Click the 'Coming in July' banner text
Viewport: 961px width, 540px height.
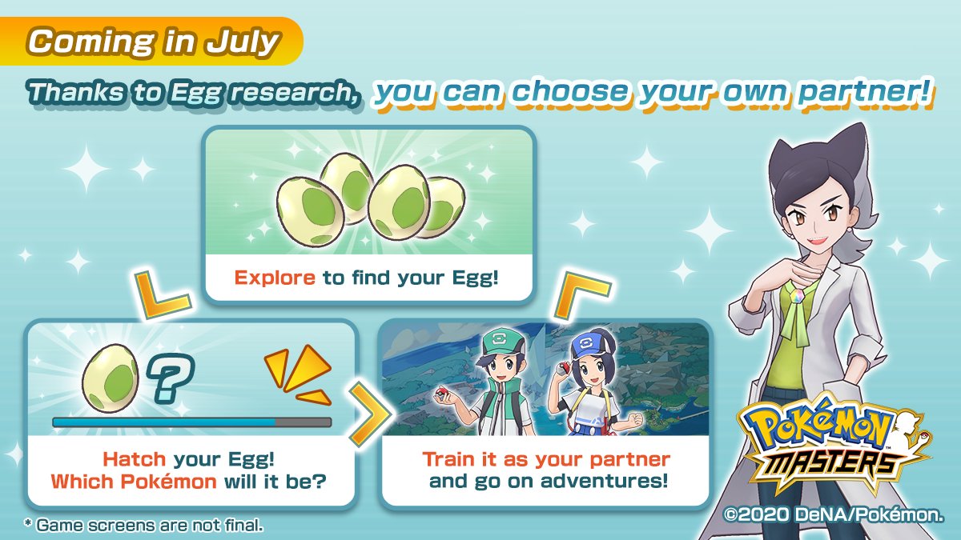pyautogui.click(x=154, y=42)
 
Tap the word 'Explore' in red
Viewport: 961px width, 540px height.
pyautogui.click(x=275, y=278)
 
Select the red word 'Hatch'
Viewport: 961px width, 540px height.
pyautogui.click(x=135, y=459)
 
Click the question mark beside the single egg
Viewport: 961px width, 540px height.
pyautogui.click(x=171, y=377)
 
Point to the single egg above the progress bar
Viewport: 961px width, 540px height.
pyautogui.click(x=111, y=378)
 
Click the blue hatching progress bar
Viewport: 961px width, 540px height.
pyautogui.click(x=191, y=422)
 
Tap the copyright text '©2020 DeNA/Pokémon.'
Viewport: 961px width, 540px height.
pyautogui.click(x=834, y=514)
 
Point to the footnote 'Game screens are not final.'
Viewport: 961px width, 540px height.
pyautogui.click(x=143, y=525)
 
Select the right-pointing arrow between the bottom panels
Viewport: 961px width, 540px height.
pyautogui.click(x=370, y=414)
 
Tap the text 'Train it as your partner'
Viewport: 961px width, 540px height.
pyautogui.click(x=546, y=459)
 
